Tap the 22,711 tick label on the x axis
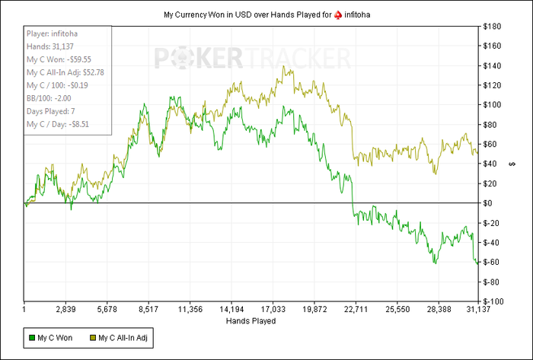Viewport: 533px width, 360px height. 356,310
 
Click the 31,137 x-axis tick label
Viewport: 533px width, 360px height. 478,310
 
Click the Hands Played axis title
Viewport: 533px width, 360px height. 251,321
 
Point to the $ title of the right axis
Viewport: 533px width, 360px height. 512,164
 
